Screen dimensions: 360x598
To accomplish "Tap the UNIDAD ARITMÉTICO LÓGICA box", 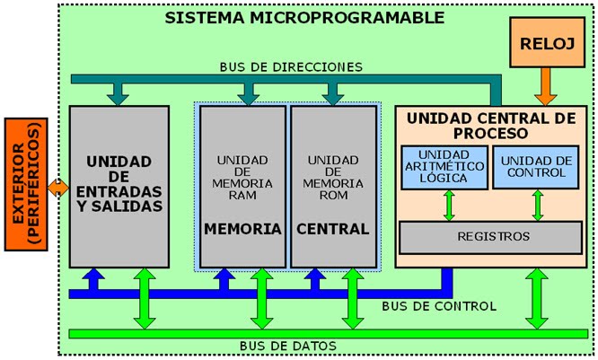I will pyautogui.click(x=443, y=166).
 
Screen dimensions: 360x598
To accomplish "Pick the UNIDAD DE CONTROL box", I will pyautogui.click(x=537, y=166).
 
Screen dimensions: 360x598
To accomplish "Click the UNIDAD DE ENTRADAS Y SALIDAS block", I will pyautogui.click(x=119, y=184).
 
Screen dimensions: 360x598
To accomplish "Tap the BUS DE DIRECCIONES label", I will pyautogui.click(x=291, y=66).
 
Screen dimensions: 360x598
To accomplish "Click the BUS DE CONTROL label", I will pyautogui.click(x=438, y=306).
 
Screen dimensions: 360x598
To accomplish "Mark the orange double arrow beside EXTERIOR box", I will pyautogui.click(x=58, y=188).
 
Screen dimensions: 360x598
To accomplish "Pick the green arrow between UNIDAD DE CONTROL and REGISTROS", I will pyautogui.click(x=537, y=205).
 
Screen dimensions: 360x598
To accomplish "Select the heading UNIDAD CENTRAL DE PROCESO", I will pyautogui.click(x=491, y=125).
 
